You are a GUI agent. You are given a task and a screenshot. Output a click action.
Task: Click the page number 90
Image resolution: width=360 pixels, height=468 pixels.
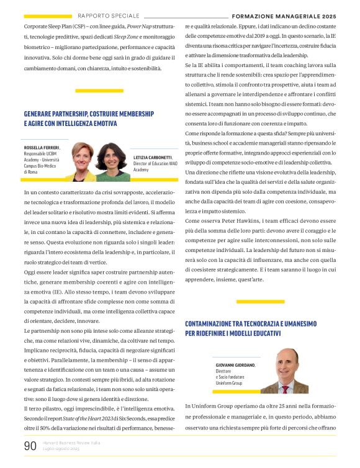coord(30,446)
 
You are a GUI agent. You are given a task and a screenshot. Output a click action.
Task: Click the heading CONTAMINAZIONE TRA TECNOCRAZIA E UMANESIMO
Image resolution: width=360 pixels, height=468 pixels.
coord(251,323)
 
